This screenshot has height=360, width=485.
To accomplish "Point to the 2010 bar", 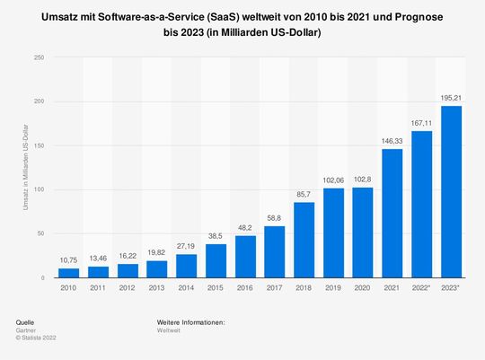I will (x=67, y=273).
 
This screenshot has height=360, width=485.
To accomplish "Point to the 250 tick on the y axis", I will (x=38, y=57).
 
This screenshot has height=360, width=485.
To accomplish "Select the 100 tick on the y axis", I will (x=38, y=189).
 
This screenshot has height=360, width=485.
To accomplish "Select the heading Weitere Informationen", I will (x=190, y=321).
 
